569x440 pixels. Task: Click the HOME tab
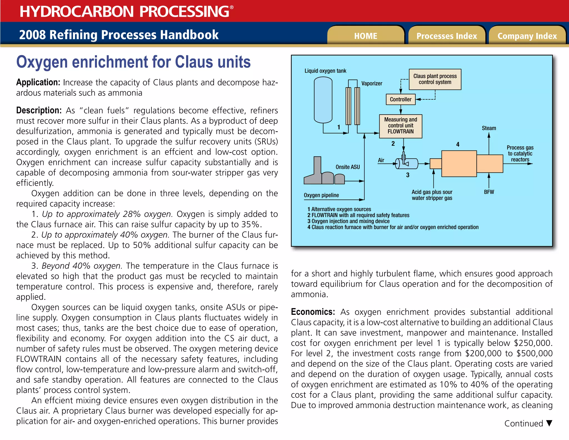coord(366,36)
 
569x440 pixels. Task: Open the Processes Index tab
coord(446,36)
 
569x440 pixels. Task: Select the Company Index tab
coord(527,36)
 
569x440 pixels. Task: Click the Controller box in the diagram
coord(400,99)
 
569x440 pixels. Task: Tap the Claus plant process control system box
coord(435,79)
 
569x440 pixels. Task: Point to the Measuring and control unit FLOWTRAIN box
coord(401,126)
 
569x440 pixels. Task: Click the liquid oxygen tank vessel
coord(323,100)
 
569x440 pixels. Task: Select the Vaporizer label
coord(371,83)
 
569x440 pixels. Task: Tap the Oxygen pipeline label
coord(321,195)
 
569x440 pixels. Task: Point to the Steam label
coord(489,128)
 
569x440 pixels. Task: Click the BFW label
coord(489,192)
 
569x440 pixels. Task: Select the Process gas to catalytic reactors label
coord(520,154)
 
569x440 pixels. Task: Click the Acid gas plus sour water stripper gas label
coord(432,195)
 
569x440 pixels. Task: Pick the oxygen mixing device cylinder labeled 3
coord(407,164)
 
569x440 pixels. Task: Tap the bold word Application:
coord(38,82)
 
